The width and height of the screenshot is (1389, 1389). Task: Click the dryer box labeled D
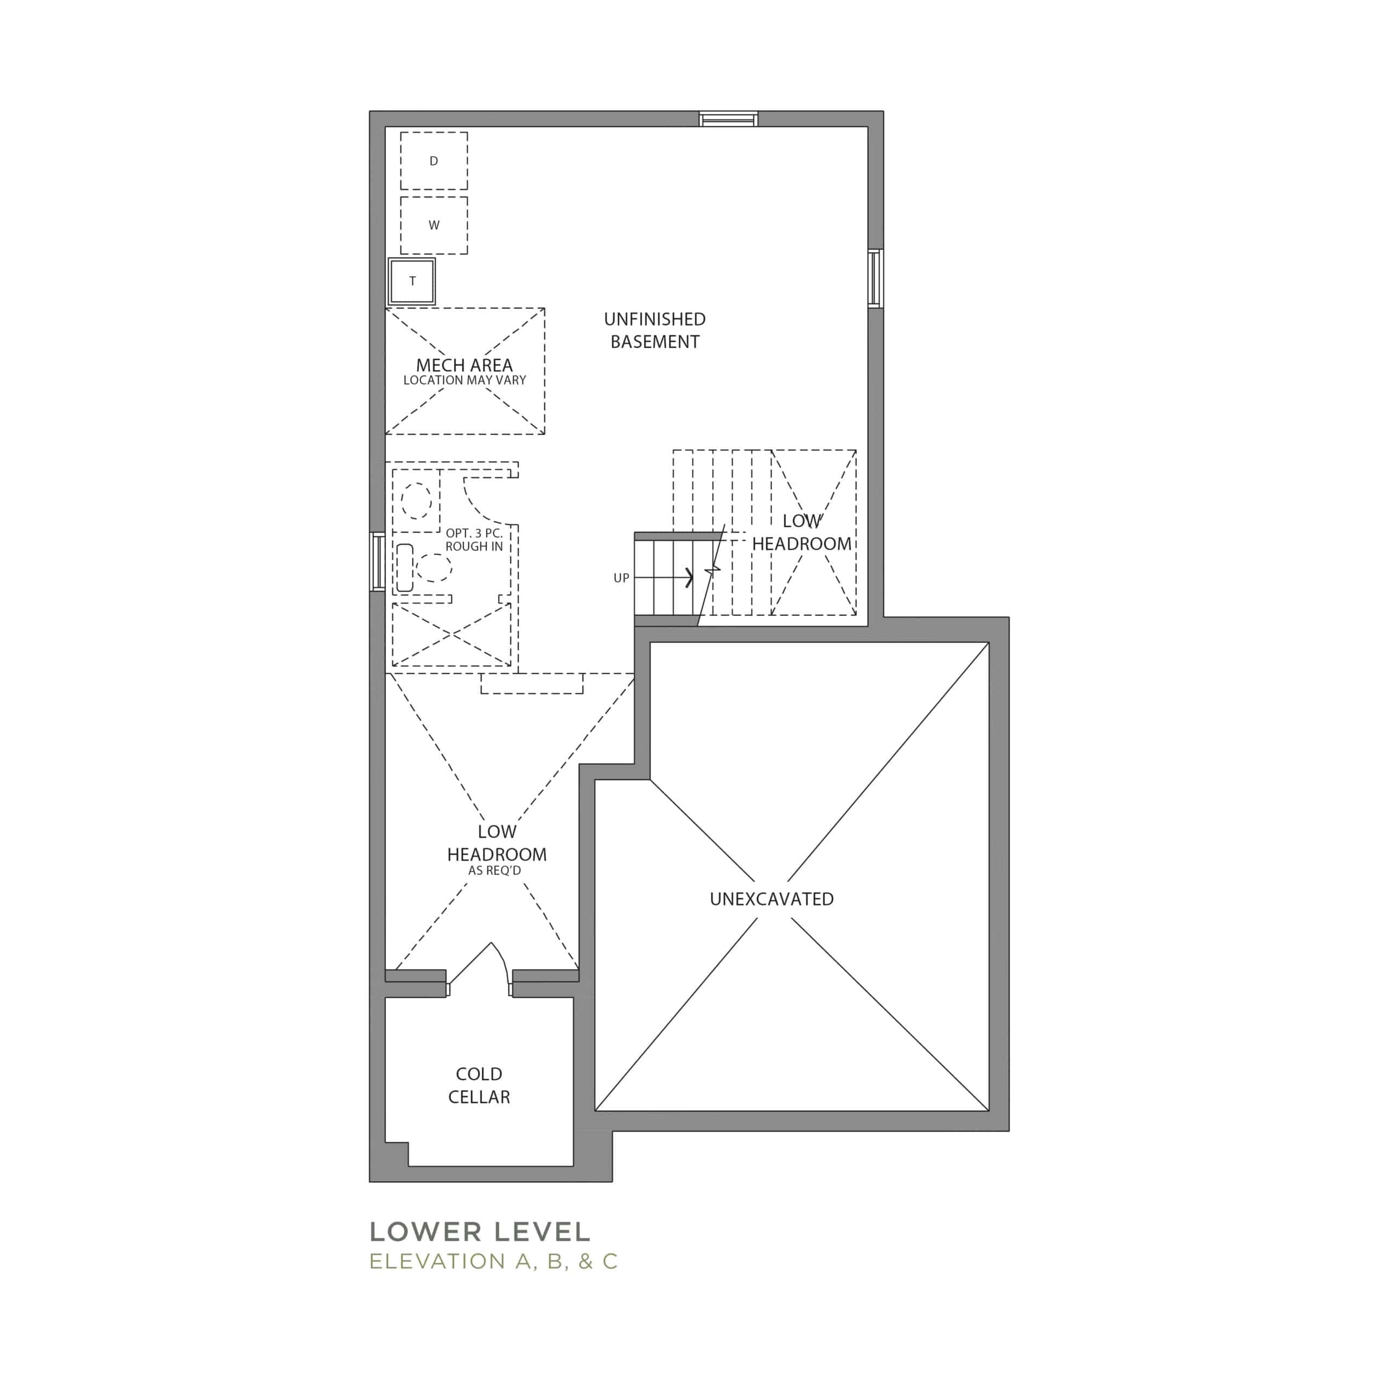coord(434,160)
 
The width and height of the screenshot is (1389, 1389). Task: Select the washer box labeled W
coord(434,225)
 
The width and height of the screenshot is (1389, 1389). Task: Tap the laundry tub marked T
coord(412,281)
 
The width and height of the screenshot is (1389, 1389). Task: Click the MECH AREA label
coord(464,365)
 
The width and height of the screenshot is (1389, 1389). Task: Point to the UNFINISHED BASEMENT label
coord(655,330)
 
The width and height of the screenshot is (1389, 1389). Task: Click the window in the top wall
coord(729,119)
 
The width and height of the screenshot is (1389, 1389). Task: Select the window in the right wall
coord(875,278)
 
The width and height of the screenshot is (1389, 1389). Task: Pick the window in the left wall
coord(378,562)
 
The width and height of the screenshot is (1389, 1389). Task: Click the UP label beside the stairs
coord(621,578)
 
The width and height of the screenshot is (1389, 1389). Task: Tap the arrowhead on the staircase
coord(690,577)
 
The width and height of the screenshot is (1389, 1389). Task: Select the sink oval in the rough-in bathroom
coord(416,500)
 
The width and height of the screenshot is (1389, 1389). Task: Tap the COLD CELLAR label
coord(479,1085)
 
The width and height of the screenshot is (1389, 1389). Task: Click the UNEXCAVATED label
coord(772,899)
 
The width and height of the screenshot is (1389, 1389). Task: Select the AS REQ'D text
coord(495,871)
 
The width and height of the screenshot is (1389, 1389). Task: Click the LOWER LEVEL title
coord(480,1232)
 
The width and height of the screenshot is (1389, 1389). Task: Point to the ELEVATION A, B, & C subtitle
coord(493,1261)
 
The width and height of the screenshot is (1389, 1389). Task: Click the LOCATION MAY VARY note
coord(464,380)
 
